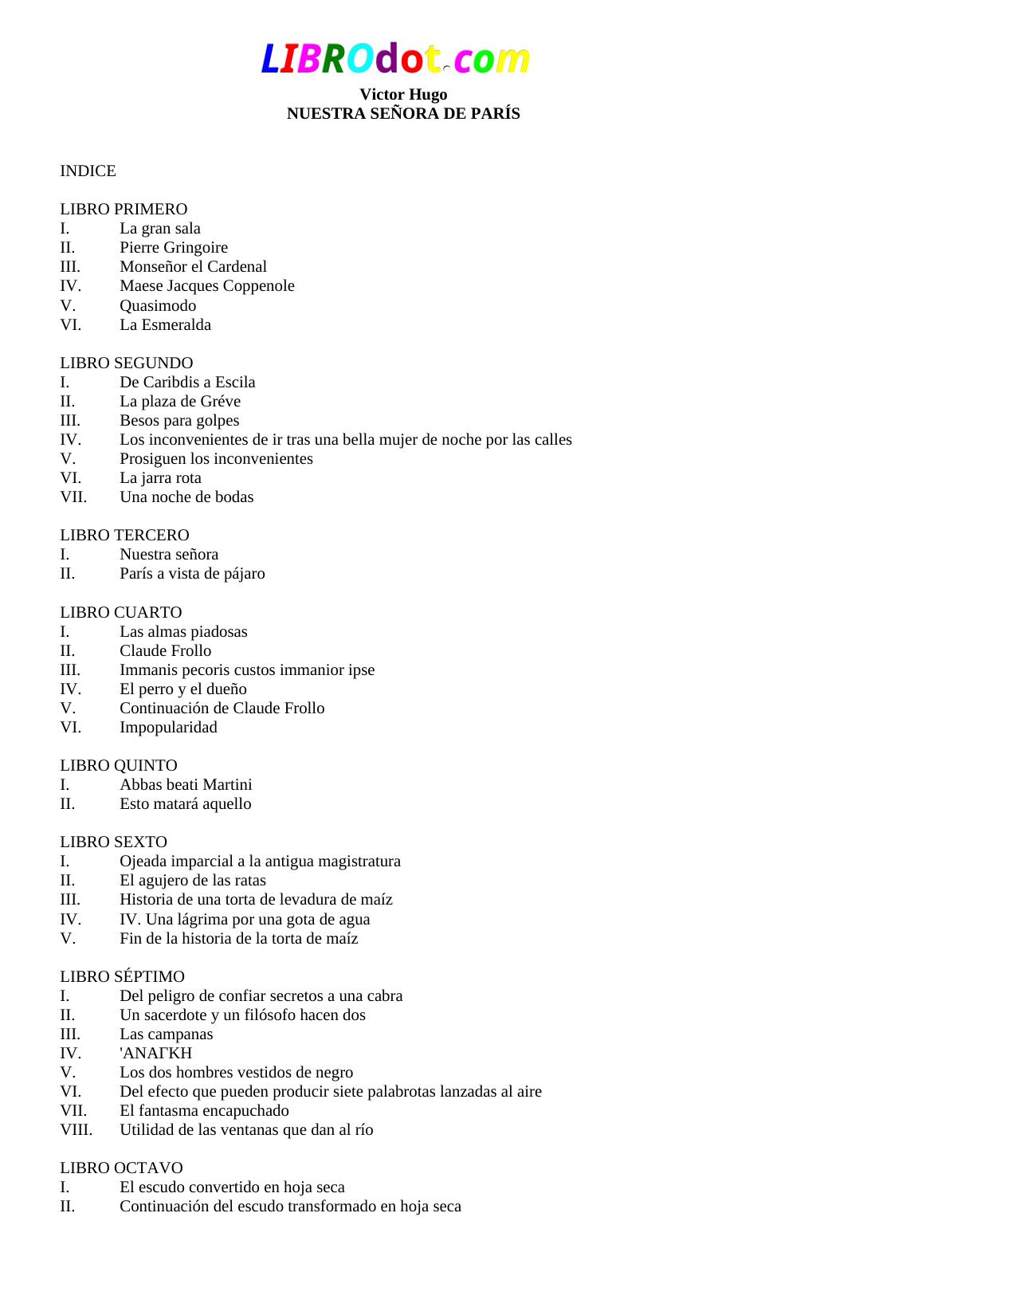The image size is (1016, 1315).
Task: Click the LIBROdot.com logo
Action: click(x=395, y=59)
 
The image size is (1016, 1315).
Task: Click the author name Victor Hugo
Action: click(x=403, y=95)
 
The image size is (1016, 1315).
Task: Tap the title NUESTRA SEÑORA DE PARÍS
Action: click(x=403, y=114)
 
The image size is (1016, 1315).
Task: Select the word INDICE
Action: click(x=88, y=171)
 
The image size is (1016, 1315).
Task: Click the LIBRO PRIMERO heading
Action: click(x=124, y=210)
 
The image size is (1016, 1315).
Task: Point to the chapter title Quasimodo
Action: click(x=158, y=306)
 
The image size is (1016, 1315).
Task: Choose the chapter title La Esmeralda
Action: click(x=165, y=325)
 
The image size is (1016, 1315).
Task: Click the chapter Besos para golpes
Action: click(x=179, y=421)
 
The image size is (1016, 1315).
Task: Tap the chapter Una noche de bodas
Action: click(x=186, y=497)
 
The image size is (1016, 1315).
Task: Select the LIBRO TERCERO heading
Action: click(x=124, y=536)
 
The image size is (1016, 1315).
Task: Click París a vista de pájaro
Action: click(x=192, y=574)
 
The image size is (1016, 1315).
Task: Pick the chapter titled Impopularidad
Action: click(x=168, y=728)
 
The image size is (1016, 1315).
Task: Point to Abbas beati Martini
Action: click(x=186, y=785)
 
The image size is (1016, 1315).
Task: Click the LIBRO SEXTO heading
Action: click(x=113, y=842)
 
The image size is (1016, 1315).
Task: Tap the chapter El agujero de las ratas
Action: click(x=193, y=881)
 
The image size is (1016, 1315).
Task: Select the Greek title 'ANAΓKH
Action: click(x=155, y=1054)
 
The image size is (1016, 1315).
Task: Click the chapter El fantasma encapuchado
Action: click(x=204, y=1111)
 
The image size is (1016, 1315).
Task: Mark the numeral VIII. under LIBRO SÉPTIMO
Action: click(x=76, y=1130)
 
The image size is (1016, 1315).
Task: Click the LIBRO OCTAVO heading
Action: click(x=121, y=1168)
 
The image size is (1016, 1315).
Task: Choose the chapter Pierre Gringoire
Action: click(x=174, y=248)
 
